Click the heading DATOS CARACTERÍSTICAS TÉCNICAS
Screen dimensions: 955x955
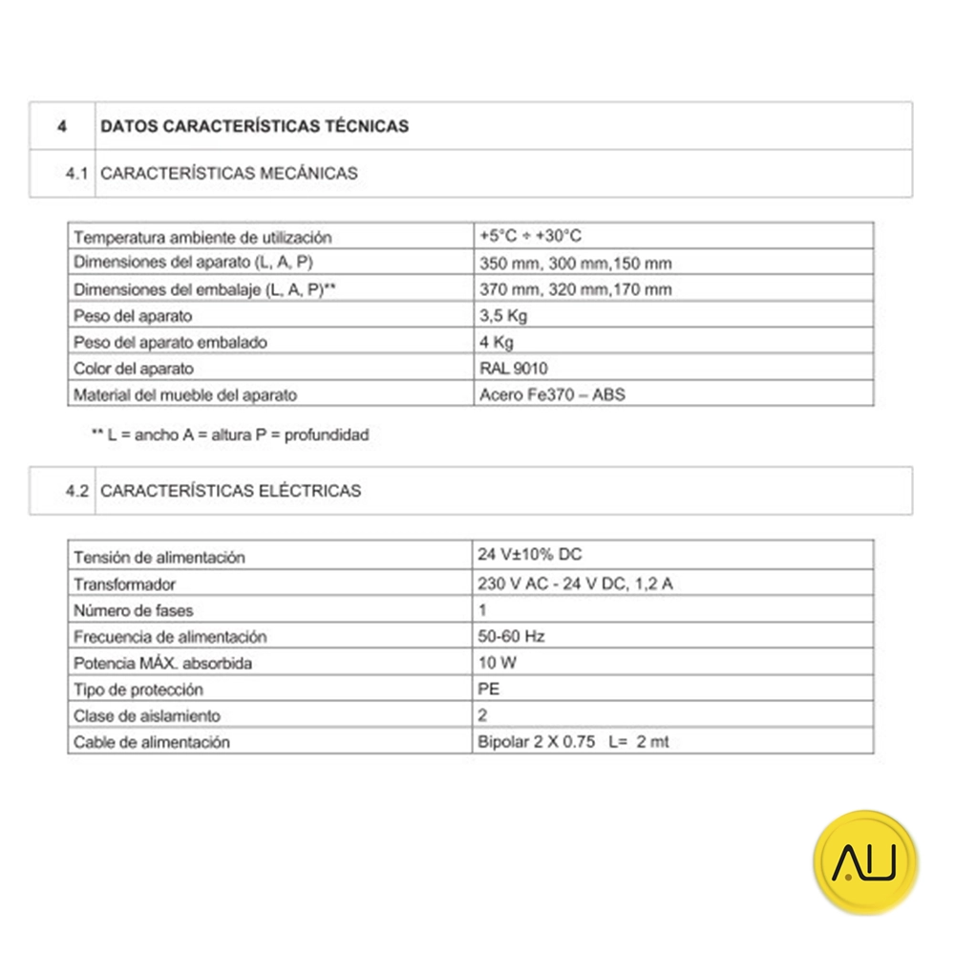254,126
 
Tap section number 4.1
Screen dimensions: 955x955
76,174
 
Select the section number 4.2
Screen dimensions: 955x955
76,491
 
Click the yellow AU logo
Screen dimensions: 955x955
864,862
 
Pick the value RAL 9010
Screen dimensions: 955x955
513,368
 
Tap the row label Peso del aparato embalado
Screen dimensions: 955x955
170,342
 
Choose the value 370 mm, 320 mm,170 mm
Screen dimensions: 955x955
574,289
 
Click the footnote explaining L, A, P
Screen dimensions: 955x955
229,435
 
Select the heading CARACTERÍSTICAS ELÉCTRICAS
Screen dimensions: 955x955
230,491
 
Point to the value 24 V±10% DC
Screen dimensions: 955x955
528,555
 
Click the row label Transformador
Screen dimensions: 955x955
125,584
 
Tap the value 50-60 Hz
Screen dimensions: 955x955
511,635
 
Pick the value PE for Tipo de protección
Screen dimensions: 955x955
488,689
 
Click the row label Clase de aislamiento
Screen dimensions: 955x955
147,715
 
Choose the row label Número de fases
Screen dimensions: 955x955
134,609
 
